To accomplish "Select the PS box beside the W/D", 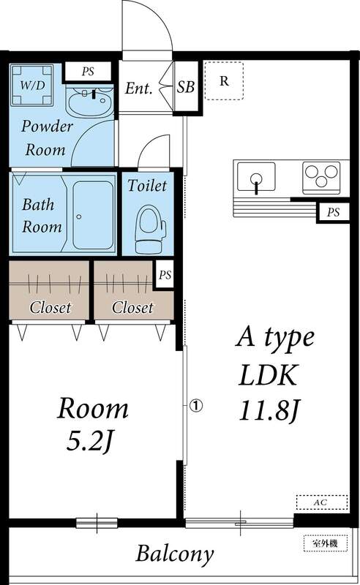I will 88,72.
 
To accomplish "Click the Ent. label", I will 138,89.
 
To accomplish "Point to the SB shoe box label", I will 186,88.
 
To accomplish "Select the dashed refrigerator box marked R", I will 224,80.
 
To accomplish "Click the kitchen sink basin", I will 256,178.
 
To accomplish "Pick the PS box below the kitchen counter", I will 334,213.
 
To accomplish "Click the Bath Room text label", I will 41,214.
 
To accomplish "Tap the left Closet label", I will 50,307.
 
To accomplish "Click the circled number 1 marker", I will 195,403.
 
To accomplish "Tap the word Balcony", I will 175,552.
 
